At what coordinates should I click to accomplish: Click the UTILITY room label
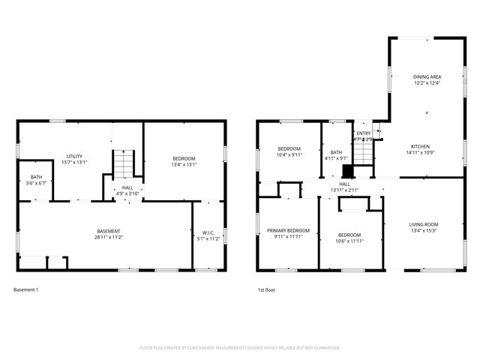click(x=73, y=156)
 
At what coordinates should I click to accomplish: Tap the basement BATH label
click(x=36, y=177)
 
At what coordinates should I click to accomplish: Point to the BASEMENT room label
click(x=109, y=230)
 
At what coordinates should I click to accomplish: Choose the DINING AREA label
click(x=426, y=76)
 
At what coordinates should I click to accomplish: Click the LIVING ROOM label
click(x=423, y=224)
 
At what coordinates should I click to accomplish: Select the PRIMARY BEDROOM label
click(x=288, y=230)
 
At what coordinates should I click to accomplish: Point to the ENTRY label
click(x=363, y=133)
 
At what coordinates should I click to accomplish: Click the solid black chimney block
click(x=347, y=170)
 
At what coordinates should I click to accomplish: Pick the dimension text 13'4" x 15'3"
click(x=423, y=231)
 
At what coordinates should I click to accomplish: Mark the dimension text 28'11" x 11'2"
click(x=109, y=237)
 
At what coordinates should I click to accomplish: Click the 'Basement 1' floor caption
click(x=25, y=289)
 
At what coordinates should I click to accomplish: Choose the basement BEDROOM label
click(x=184, y=158)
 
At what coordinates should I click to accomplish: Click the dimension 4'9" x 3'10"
click(x=128, y=193)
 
